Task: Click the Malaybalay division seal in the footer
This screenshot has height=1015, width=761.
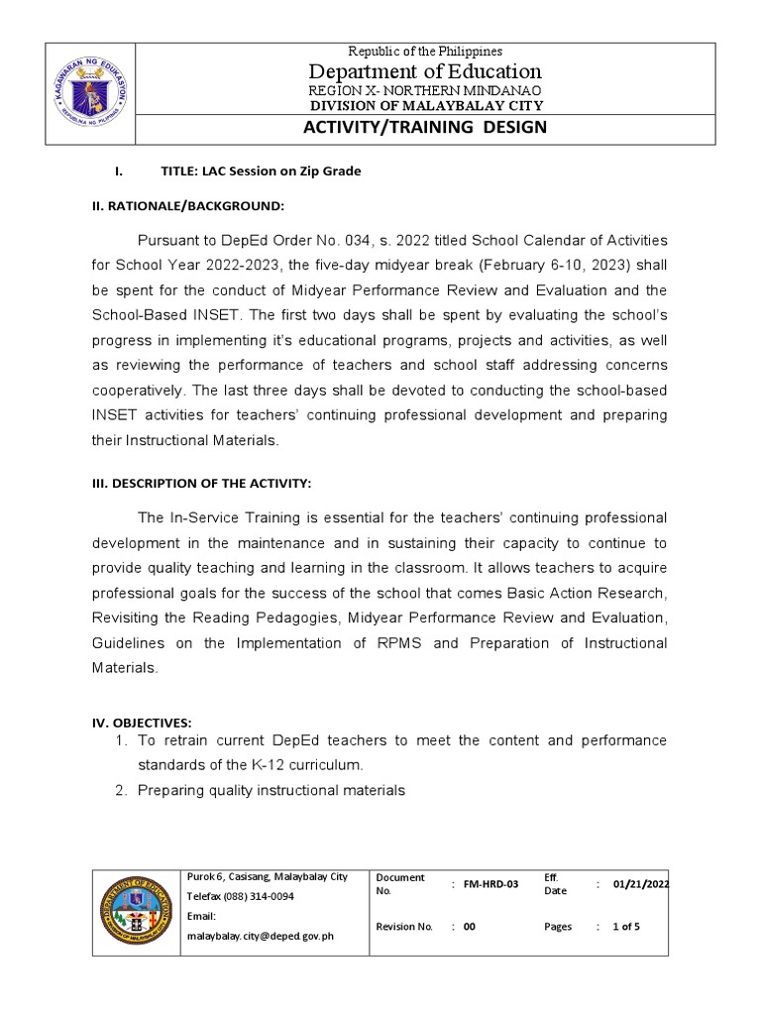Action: [x=136, y=912]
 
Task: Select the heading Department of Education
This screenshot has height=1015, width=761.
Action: [x=424, y=71]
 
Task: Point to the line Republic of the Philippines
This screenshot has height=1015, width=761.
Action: [x=424, y=51]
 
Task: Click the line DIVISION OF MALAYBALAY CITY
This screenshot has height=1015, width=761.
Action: [x=424, y=106]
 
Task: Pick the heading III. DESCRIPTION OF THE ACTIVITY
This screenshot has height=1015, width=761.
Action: [x=202, y=483]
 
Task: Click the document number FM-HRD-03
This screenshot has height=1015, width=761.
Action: [x=490, y=884]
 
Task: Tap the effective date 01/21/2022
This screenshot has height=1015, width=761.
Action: [x=640, y=884]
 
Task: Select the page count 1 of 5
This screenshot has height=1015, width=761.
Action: [x=626, y=927]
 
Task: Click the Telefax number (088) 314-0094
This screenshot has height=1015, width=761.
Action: [x=239, y=896]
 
